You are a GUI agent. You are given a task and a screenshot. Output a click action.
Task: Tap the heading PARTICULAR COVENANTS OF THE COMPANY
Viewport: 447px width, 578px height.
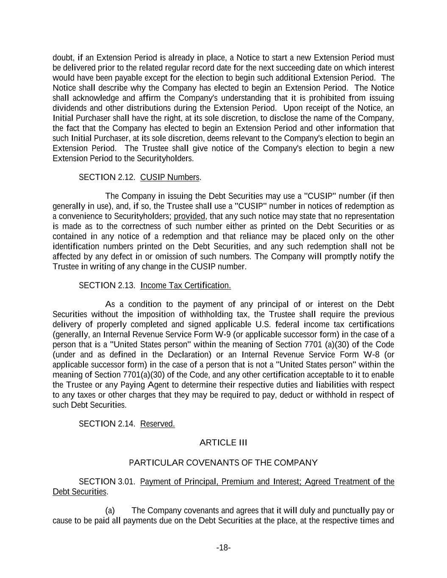223,462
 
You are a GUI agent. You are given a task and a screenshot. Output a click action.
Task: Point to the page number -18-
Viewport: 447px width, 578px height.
223,548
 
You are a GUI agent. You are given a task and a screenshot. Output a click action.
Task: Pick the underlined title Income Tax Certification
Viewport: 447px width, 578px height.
186,285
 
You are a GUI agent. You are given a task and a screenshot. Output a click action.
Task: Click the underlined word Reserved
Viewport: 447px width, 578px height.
157,424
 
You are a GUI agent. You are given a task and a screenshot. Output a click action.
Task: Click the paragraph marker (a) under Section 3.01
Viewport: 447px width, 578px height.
110,510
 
